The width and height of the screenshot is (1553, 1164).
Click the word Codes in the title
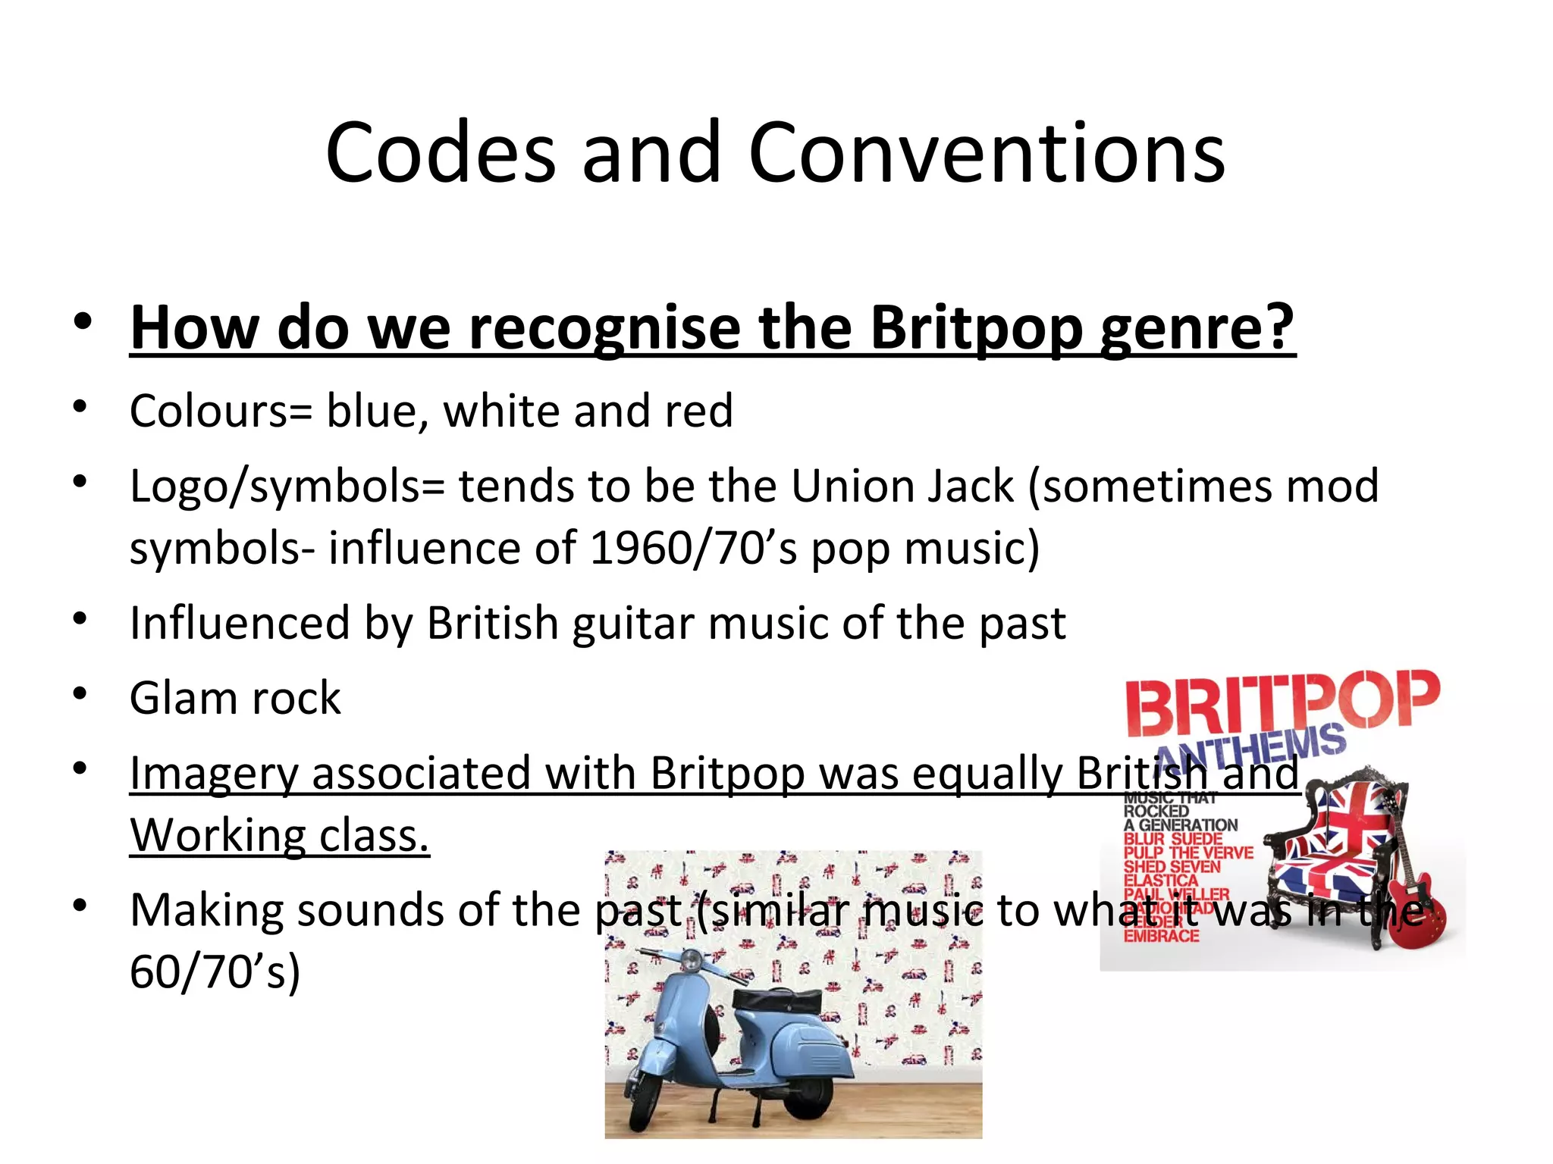440,154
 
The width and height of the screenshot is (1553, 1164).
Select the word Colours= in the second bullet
220,411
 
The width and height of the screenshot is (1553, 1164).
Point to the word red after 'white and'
698,411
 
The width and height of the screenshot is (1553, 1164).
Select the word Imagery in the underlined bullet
214,774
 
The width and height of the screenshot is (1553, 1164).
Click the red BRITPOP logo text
1282,702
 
